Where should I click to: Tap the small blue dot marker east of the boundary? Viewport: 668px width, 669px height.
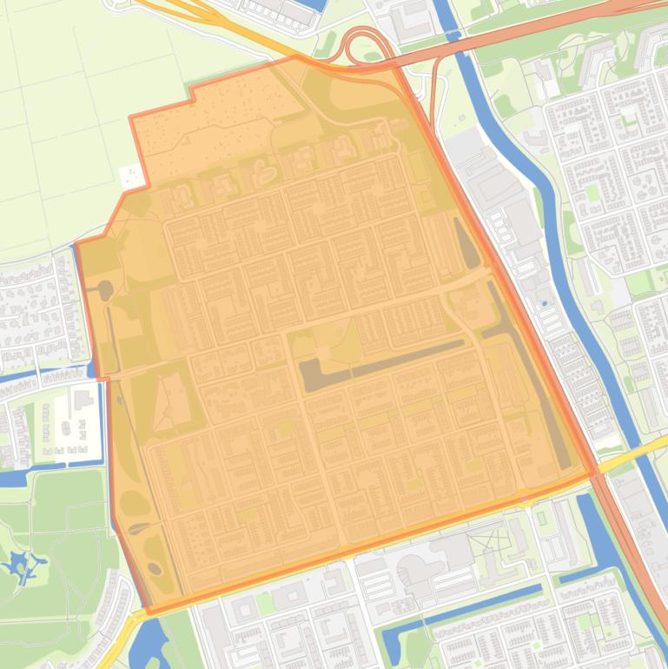(x=544, y=303)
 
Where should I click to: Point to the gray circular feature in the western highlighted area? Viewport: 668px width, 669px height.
(x=105, y=288)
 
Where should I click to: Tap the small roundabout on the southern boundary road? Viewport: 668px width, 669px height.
(x=525, y=498)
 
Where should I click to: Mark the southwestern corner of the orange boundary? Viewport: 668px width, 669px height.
(x=149, y=612)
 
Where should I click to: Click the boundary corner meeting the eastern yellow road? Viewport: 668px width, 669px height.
(x=595, y=474)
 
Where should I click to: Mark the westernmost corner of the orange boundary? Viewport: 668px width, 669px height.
(x=76, y=244)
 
